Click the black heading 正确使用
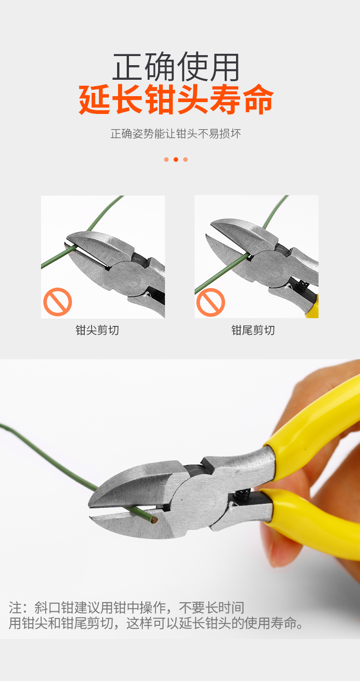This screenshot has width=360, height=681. click(x=176, y=67)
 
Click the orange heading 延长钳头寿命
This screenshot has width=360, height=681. click(x=176, y=99)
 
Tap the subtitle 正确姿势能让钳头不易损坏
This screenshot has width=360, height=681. click(x=176, y=134)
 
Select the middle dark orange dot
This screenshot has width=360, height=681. click(x=176, y=160)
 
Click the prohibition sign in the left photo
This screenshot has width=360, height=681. click(x=57, y=302)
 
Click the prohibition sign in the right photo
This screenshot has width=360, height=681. click(x=211, y=303)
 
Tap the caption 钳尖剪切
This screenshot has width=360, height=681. click(x=98, y=330)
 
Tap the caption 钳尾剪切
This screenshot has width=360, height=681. click(x=253, y=330)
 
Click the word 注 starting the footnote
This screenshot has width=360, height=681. click(x=15, y=608)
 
